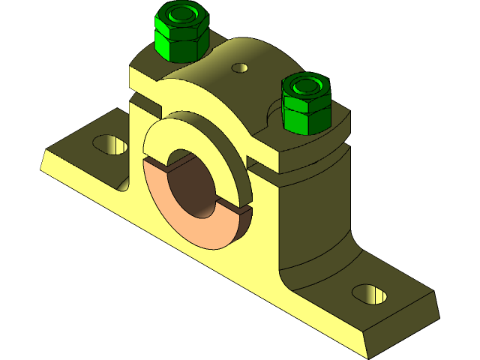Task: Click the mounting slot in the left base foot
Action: [109, 143]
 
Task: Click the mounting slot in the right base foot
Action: [369, 294]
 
